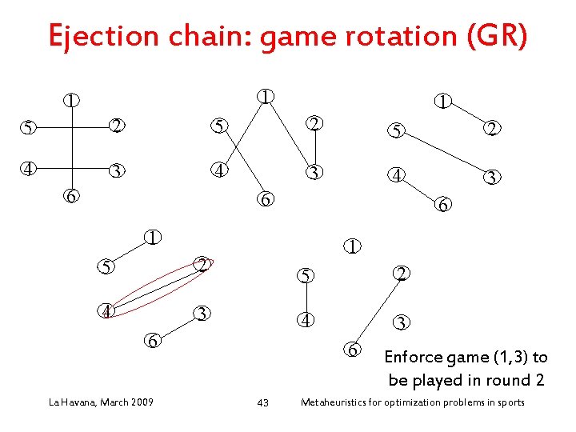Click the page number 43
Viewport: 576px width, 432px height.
[x=262, y=402]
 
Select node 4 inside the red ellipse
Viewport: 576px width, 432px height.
[x=106, y=310]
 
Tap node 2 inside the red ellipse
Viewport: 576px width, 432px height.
[x=203, y=265]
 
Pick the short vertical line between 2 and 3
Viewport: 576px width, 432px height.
[x=315, y=149]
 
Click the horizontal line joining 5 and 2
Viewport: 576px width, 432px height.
[x=72, y=126]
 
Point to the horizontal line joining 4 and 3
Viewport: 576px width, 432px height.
[x=72, y=170]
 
